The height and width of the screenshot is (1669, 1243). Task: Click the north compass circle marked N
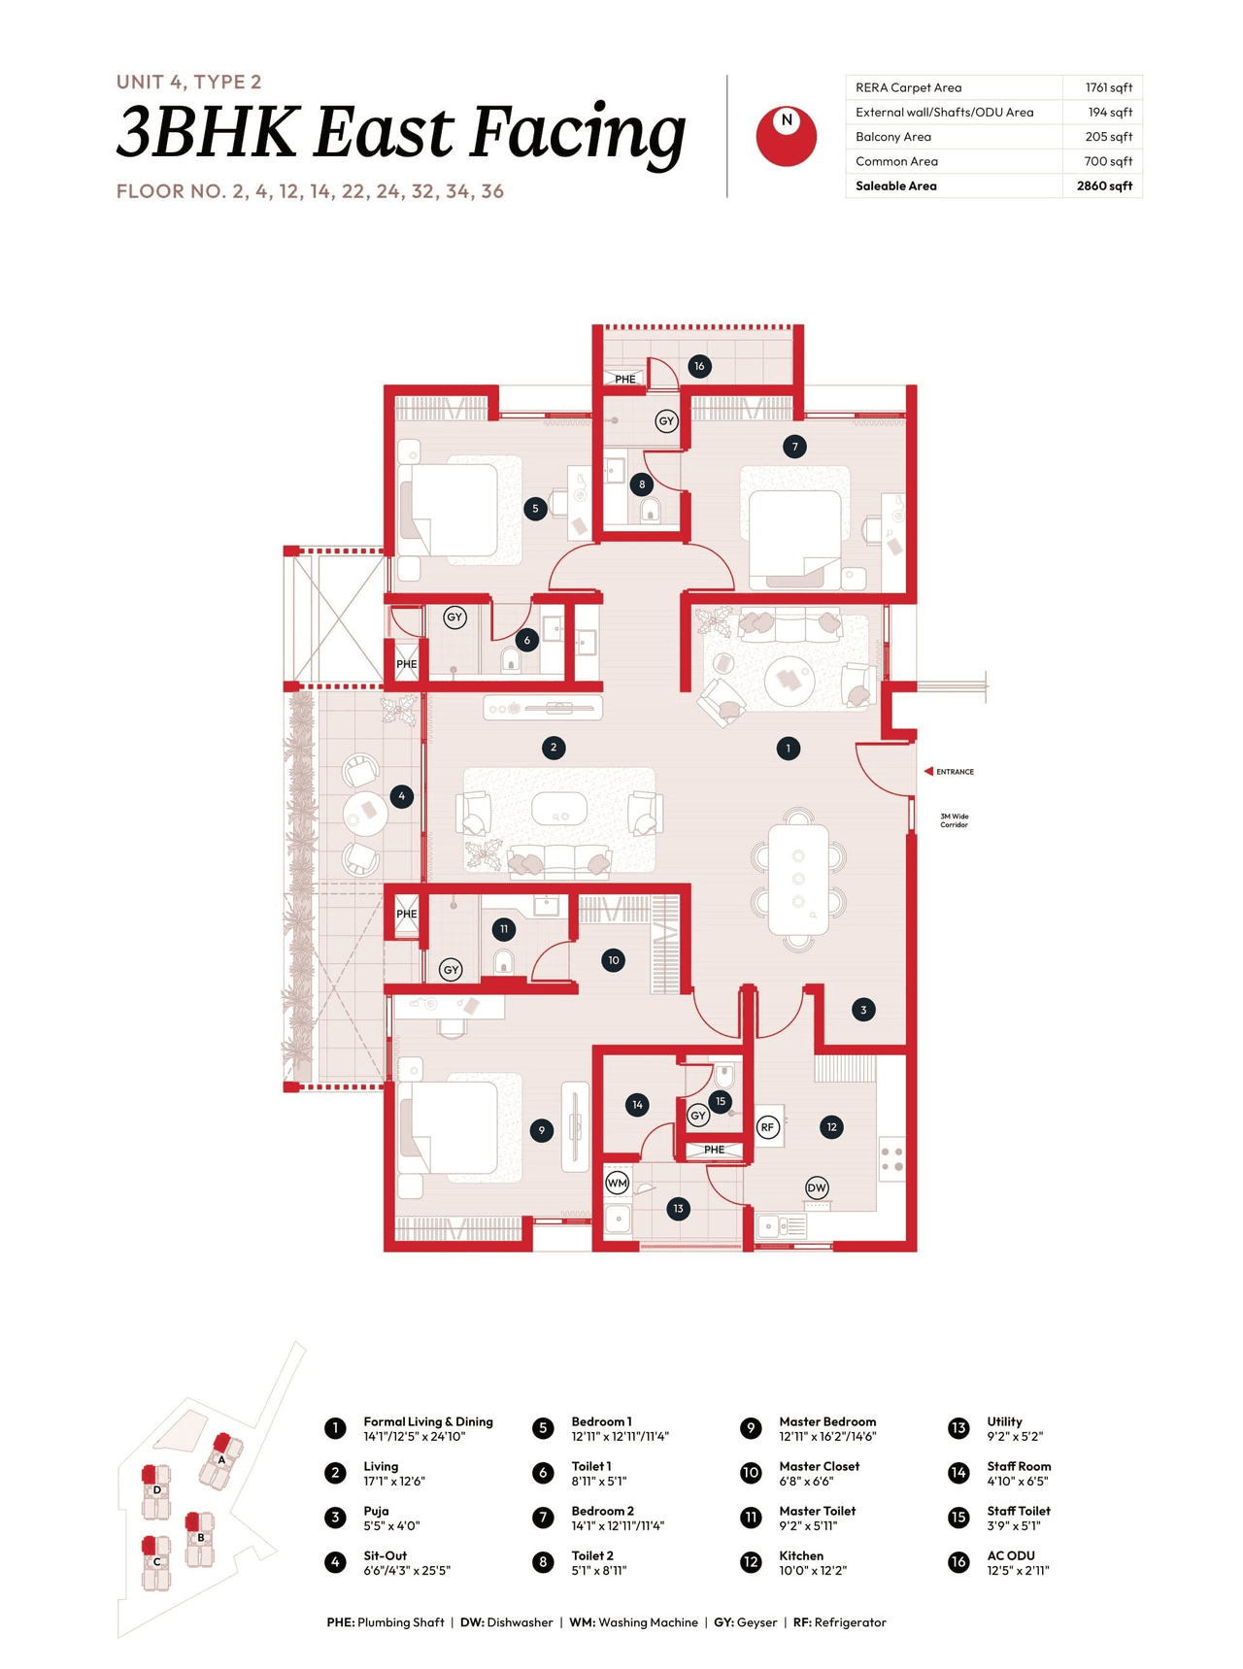point(786,136)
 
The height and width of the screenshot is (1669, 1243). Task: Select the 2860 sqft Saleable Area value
point(1103,185)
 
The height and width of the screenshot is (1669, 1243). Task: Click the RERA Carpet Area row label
point(908,87)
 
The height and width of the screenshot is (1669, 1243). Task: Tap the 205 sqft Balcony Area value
point(1108,137)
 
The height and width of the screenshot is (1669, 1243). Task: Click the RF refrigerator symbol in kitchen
point(768,1127)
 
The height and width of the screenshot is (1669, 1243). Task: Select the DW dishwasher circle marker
point(817,1187)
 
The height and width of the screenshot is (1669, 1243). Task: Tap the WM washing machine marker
point(617,1183)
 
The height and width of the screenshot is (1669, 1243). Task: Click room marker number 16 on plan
point(699,366)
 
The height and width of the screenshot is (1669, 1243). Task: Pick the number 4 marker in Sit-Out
point(402,796)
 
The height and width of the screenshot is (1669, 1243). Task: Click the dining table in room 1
point(798,880)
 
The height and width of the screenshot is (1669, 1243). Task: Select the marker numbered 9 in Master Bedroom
point(542,1130)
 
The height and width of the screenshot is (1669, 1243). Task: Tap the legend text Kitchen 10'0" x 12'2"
point(812,1562)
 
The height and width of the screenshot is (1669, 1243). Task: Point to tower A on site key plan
point(221,1459)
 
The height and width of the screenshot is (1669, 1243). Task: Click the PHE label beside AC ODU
point(624,379)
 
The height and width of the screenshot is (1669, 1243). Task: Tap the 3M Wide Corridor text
point(954,820)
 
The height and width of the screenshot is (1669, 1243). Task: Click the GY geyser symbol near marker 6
point(454,618)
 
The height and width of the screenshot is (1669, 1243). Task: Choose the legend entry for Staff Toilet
point(1019,1518)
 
